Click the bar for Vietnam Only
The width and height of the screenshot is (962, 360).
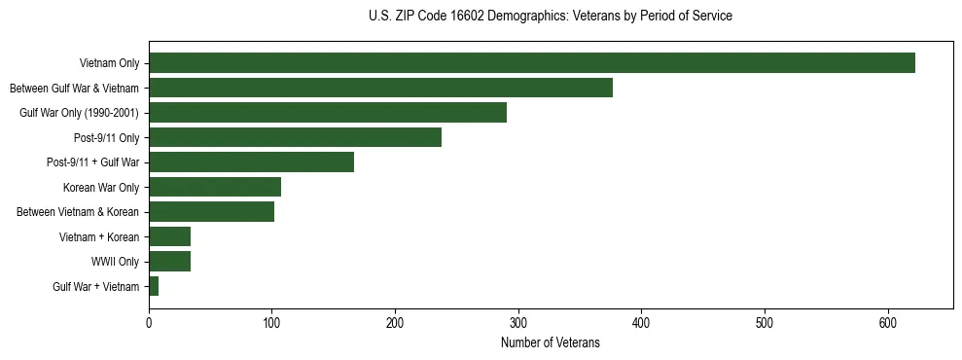[x=531, y=63]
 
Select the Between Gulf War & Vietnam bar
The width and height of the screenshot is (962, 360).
[x=380, y=88]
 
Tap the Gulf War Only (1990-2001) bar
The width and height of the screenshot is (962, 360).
[x=328, y=113]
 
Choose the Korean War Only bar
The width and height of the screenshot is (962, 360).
[x=215, y=187]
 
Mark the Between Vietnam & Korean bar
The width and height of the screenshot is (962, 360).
[x=211, y=211]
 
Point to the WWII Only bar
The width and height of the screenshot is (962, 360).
[x=169, y=261]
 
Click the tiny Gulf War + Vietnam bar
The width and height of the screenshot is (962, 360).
[x=154, y=286]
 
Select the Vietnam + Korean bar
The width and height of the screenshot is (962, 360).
[x=169, y=236]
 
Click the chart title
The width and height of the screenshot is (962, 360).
[x=551, y=17]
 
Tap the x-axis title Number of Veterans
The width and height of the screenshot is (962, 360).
[x=551, y=343]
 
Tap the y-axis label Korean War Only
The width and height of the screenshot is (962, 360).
[x=101, y=188]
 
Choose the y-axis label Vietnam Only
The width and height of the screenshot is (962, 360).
[x=108, y=64]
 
